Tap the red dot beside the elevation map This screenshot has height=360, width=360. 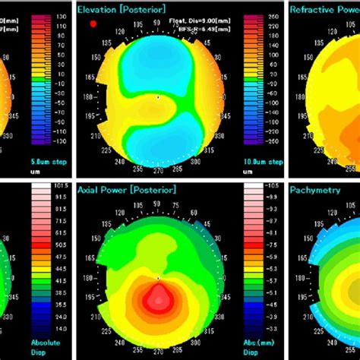pos(93,24)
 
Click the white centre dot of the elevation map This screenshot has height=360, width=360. pos(158,97)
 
